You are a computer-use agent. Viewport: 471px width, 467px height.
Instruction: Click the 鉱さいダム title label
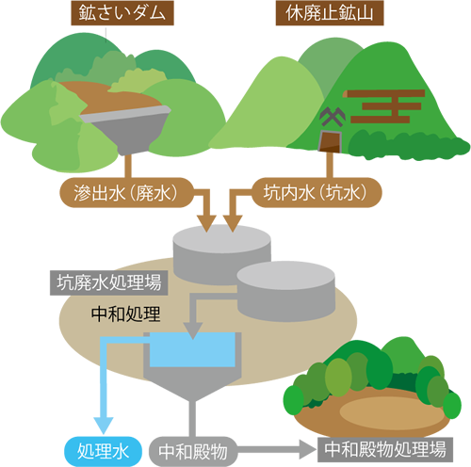(122, 13)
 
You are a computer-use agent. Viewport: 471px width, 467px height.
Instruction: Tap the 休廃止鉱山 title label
(330, 13)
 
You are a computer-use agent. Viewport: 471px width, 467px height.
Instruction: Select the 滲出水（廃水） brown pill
(126, 193)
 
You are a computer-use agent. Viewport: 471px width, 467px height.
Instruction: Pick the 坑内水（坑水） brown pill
(317, 193)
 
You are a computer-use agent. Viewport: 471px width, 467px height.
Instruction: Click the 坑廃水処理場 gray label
(108, 282)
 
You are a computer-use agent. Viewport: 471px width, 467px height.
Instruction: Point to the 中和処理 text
(125, 314)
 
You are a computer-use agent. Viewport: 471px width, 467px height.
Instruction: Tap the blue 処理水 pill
(104, 452)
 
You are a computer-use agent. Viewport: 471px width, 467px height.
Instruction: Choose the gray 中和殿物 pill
(193, 452)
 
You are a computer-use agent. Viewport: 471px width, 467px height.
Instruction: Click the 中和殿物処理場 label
(385, 450)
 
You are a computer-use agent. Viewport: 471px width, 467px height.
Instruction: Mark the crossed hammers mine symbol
(333, 117)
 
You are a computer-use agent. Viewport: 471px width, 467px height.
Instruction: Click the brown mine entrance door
(330, 141)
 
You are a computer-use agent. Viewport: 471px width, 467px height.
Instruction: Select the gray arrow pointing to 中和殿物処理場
(276, 449)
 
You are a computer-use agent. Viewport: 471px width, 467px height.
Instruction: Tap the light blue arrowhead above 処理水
(104, 426)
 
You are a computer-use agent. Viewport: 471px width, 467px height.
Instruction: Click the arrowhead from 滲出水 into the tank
(206, 223)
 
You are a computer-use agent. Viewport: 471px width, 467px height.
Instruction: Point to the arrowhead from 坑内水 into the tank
(233, 223)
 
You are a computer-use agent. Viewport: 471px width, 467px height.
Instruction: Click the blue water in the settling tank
(192, 349)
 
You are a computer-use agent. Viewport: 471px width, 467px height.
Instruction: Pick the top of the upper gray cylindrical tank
(221, 239)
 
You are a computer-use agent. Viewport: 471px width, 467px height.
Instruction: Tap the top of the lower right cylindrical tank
(285, 275)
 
